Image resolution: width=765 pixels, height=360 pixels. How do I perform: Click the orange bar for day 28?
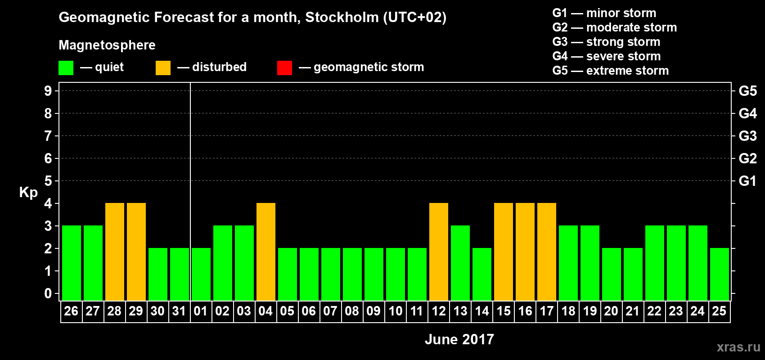pos(115,252)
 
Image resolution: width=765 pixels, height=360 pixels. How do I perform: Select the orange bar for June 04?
pos(266,252)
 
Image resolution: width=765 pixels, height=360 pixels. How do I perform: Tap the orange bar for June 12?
pos(439,252)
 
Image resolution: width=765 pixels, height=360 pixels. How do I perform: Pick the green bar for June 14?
pos(482,274)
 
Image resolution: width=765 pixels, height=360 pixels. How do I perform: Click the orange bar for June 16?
pos(525,252)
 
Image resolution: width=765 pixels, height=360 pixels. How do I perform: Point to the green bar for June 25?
pos(720,274)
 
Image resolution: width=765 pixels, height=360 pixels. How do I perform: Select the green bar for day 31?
pos(180,274)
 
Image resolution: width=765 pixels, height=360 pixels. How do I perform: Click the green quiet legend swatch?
pos(66,68)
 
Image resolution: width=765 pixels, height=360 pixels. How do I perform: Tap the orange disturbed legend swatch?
pos(163,68)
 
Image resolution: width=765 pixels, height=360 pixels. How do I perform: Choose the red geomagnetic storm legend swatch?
pos(284,68)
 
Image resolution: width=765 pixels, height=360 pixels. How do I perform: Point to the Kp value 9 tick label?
pos(48,91)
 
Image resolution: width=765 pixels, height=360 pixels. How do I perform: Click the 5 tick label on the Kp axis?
pos(48,181)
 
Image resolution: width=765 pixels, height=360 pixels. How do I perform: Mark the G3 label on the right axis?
pos(747,136)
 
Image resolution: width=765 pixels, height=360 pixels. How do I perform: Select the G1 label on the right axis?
pos(747,181)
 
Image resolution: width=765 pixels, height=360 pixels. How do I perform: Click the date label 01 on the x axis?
pos(201,311)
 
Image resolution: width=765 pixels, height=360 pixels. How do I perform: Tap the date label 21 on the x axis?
pos(633,311)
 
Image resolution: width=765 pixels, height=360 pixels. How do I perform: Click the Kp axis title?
pos(28,193)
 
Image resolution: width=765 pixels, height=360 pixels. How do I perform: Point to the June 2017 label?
pos(459,339)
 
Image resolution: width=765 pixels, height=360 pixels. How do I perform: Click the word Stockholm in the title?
pos(342,18)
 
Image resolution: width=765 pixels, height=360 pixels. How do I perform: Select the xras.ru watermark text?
pos(738,347)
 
